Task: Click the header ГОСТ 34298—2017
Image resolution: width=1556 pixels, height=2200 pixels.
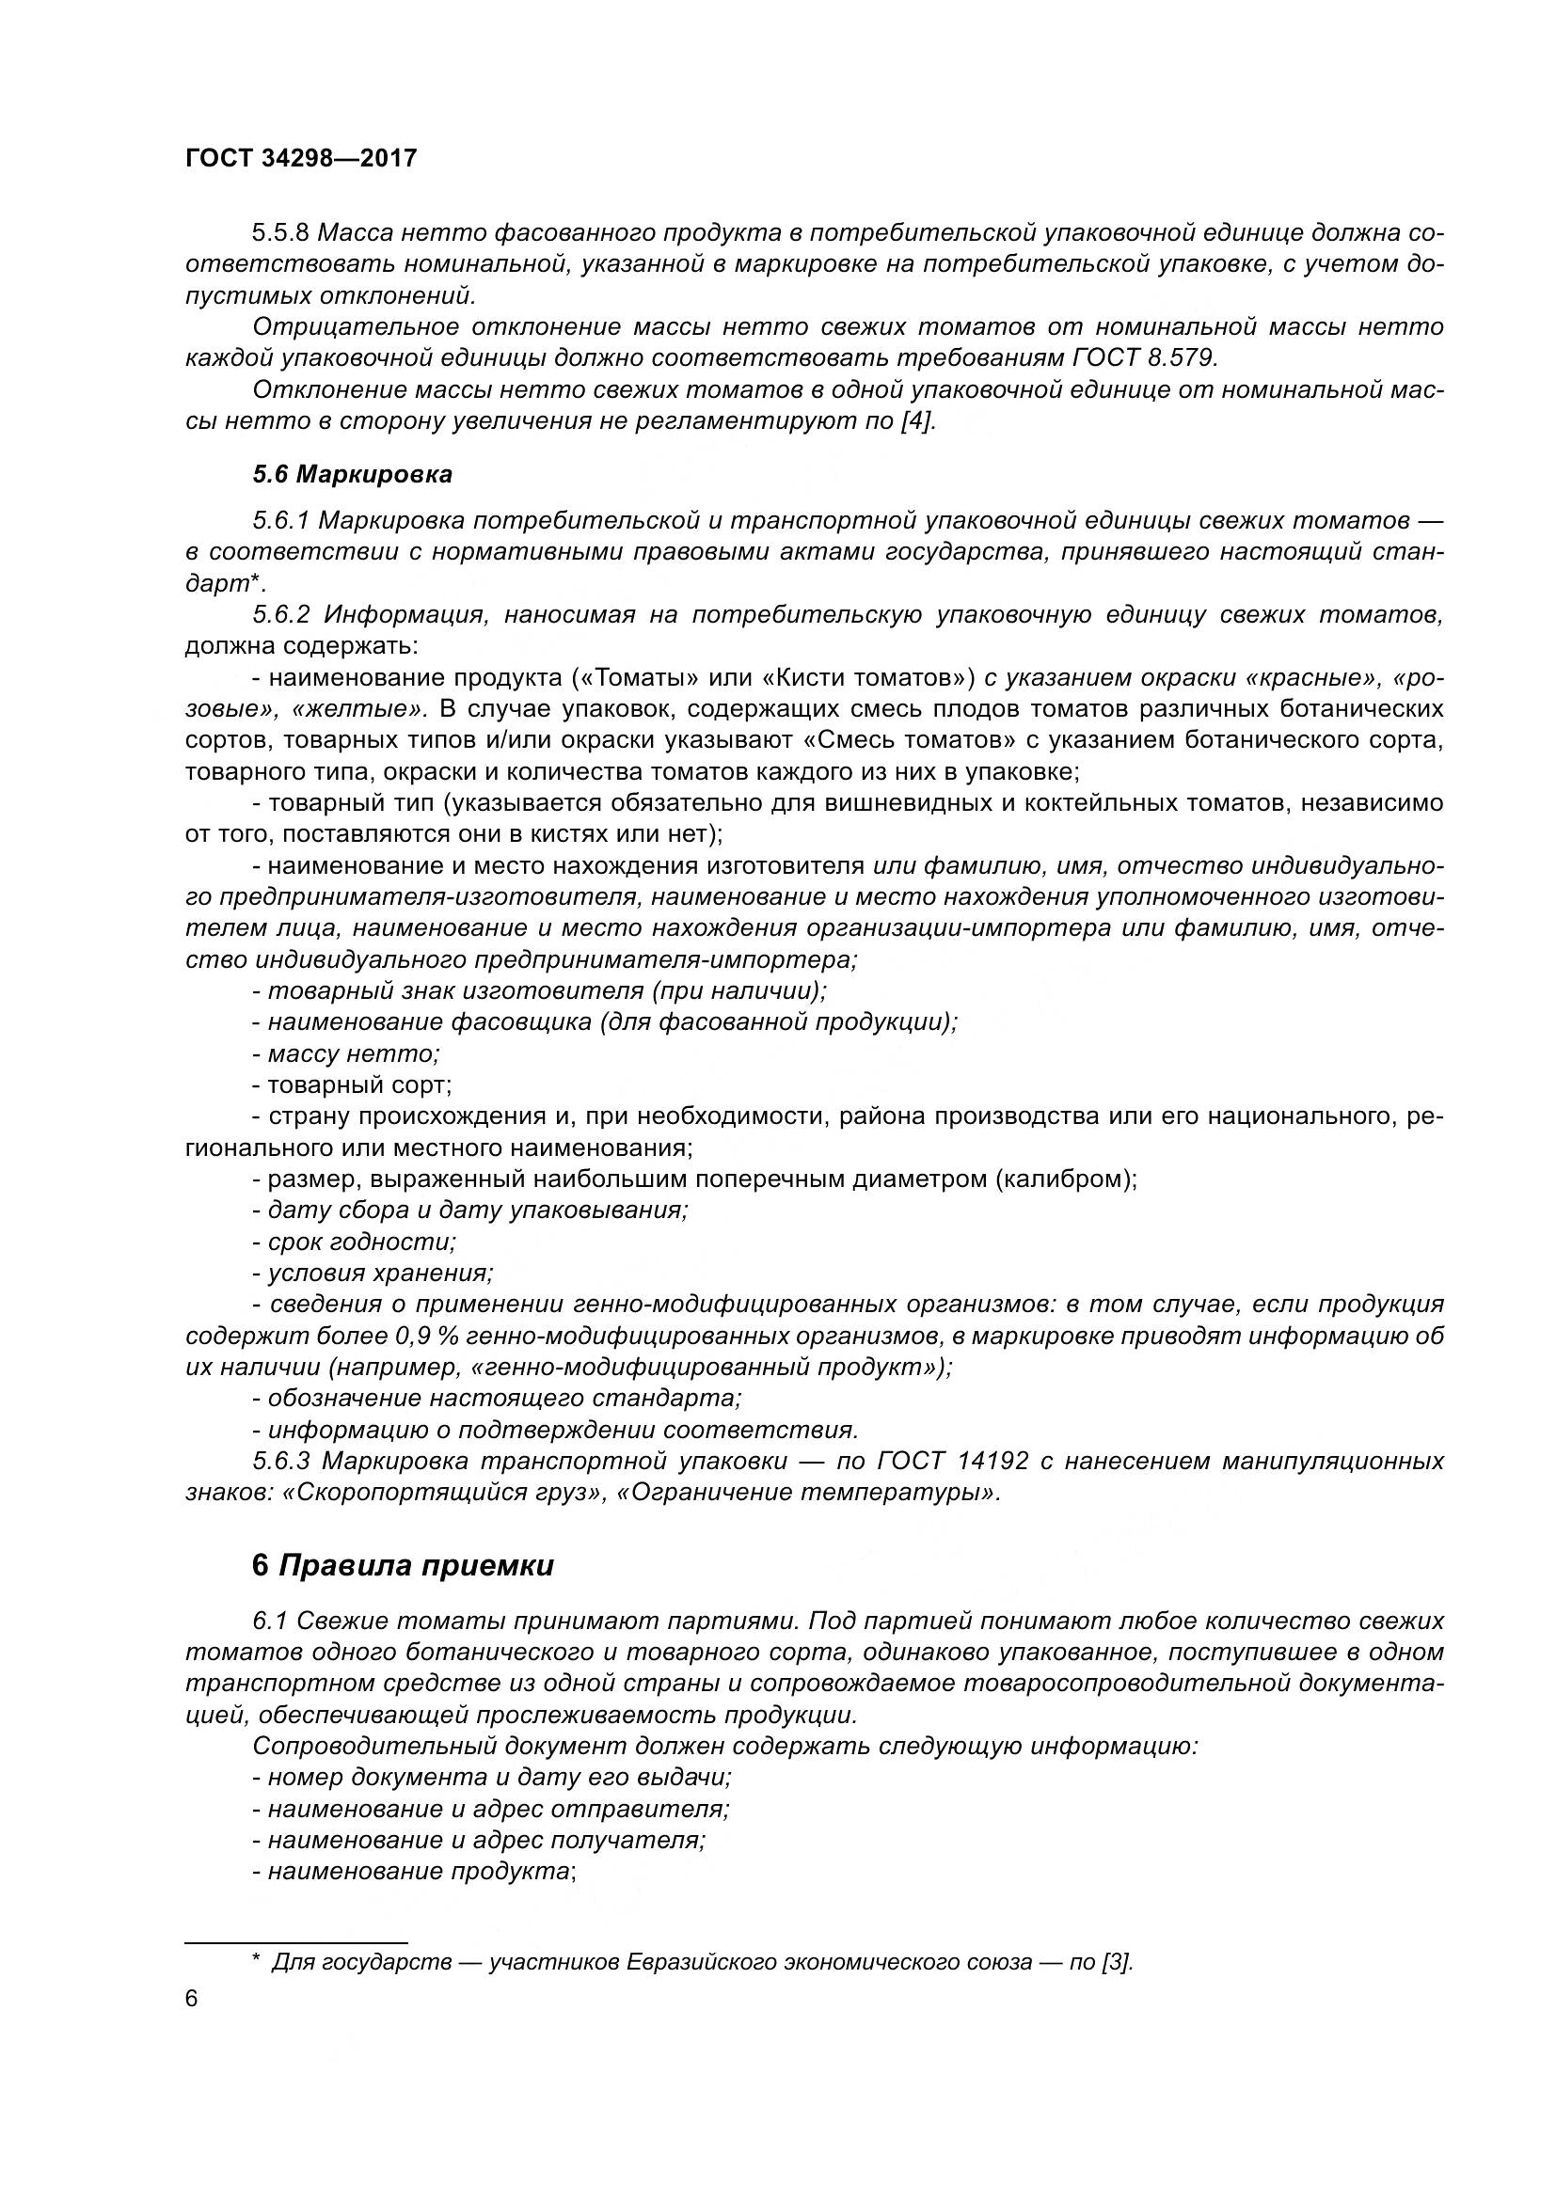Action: [x=301, y=158]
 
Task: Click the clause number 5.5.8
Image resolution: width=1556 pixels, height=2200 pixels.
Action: [x=280, y=233]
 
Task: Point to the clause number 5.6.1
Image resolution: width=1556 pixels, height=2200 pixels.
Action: [x=280, y=521]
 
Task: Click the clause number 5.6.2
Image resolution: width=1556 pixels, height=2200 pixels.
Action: [x=281, y=615]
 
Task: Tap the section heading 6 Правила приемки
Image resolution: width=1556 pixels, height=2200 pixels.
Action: [x=403, y=1566]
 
